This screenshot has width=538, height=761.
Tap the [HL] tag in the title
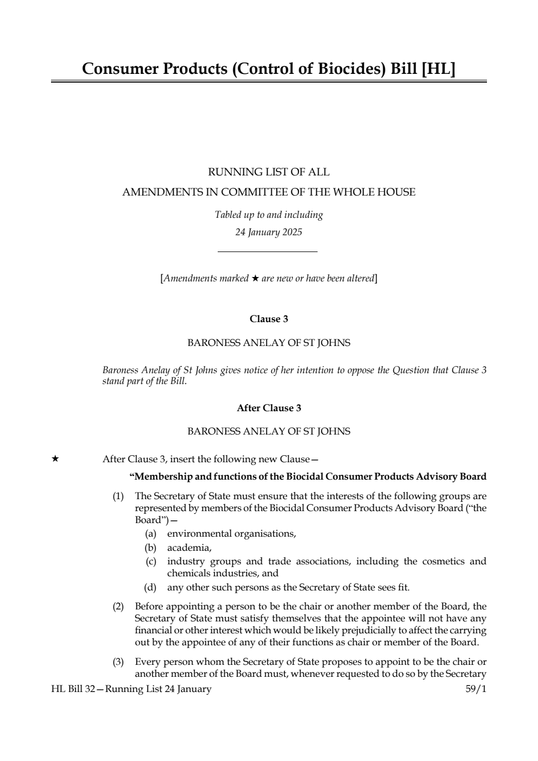tap(438, 69)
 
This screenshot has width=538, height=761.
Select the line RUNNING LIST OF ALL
tap(269, 172)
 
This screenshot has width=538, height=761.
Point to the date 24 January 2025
tap(269, 232)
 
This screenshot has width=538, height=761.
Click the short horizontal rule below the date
tap(267, 251)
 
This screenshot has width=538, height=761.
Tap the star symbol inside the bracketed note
tap(255, 279)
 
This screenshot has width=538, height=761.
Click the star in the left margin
tap(55, 459)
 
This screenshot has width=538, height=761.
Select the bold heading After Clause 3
tap(269, 408)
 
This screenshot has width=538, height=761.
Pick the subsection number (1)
tap(118, 496)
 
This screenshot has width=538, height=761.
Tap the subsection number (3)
tap(118, 662)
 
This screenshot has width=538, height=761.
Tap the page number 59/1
tap(476, 689)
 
